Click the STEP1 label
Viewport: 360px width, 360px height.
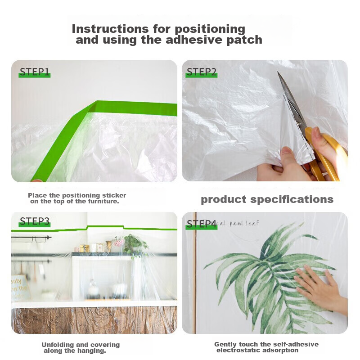[34, 72]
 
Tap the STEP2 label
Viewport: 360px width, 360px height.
[201, 72]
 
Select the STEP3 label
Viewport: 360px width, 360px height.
[34, 221]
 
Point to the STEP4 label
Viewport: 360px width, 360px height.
[202, 224]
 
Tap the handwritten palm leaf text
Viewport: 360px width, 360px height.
[238, 223]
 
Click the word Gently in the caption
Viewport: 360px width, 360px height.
[225, 344]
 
